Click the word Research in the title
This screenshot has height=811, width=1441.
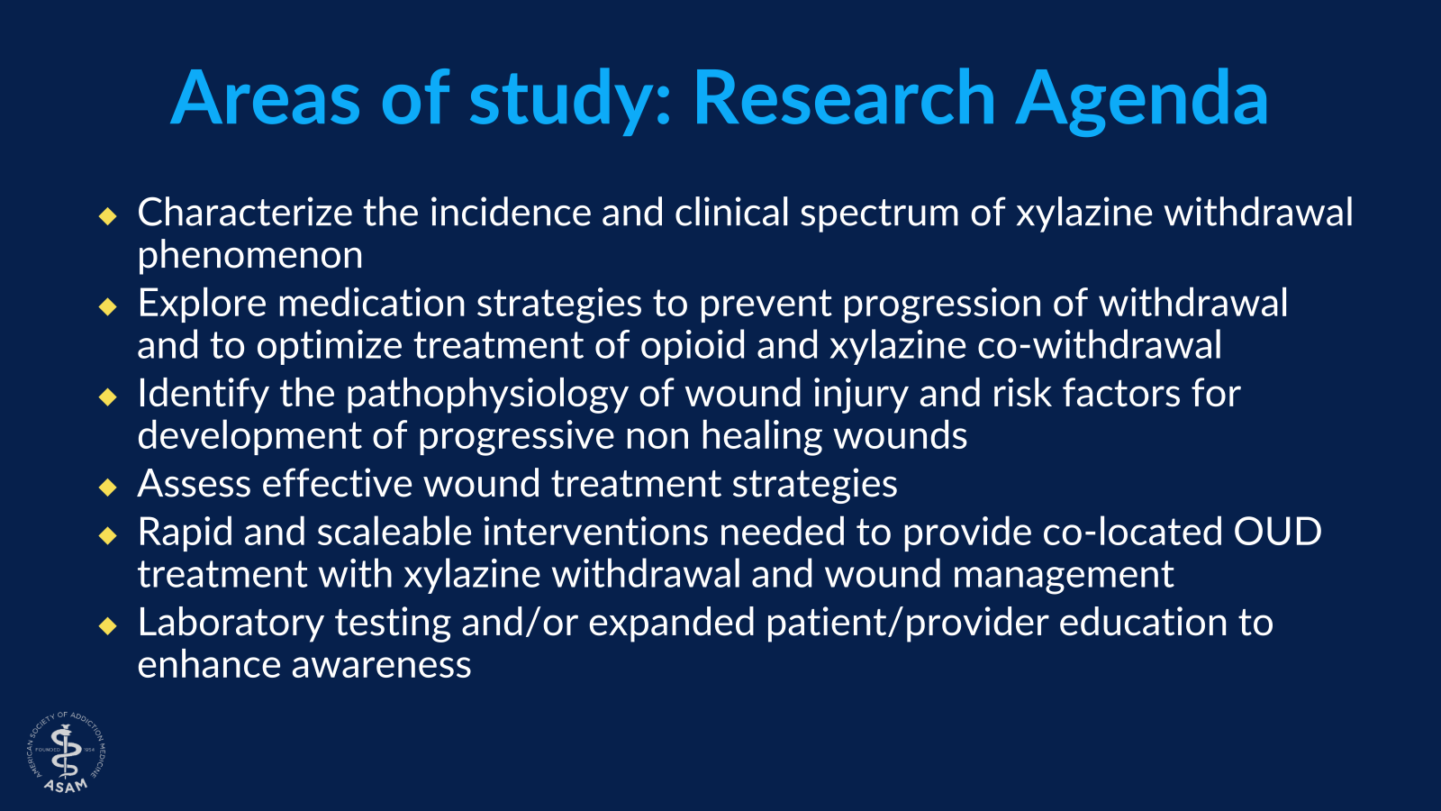click(x=845, y=98)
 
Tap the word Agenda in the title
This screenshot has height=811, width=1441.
click(x=1143, y=102)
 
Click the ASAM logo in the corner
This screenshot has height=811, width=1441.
click(x=67, y=752)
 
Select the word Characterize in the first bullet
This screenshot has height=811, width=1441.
click(x=245, y=212)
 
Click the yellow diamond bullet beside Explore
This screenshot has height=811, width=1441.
click(x=108, y=306)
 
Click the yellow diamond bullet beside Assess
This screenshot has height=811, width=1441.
click(x=108, y=487)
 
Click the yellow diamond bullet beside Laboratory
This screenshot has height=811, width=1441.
click(x=108, y=625)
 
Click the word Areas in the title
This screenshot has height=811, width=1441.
click(x=266, y=98)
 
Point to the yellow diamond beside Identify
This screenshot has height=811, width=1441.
click(x=108, y=396)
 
